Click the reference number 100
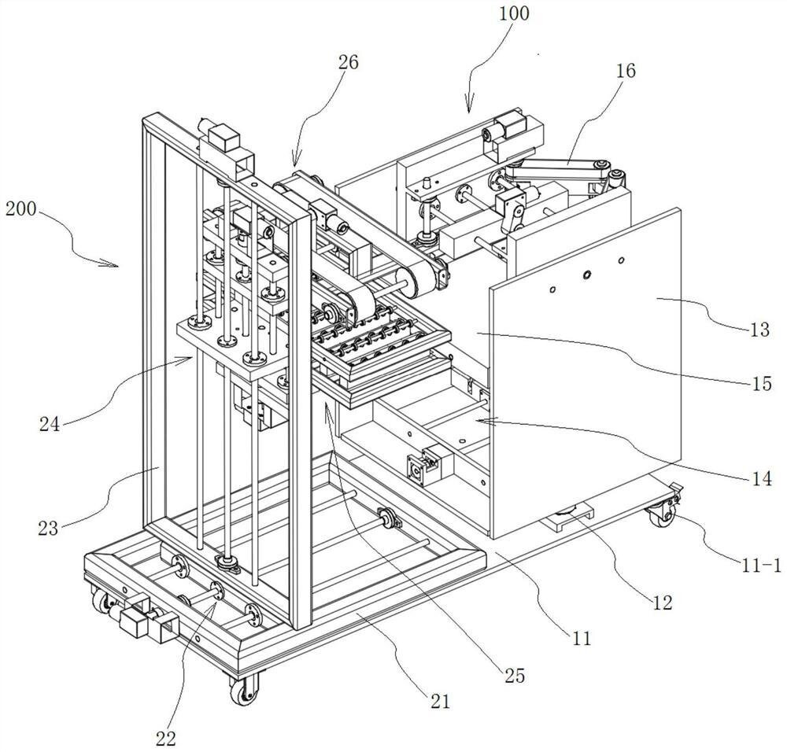[514, 13]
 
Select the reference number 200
[21, 208]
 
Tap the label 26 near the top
[349, 62]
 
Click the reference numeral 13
[759, 330]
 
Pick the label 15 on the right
[762, 384]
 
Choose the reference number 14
[763, 479]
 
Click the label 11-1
[761, 566]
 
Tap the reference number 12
[662, 602]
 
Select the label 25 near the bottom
[515, 675]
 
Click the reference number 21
[440, 701]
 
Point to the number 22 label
[166, 738]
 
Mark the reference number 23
[48, 529]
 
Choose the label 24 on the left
[50, 425]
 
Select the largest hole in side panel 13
[586, 275]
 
